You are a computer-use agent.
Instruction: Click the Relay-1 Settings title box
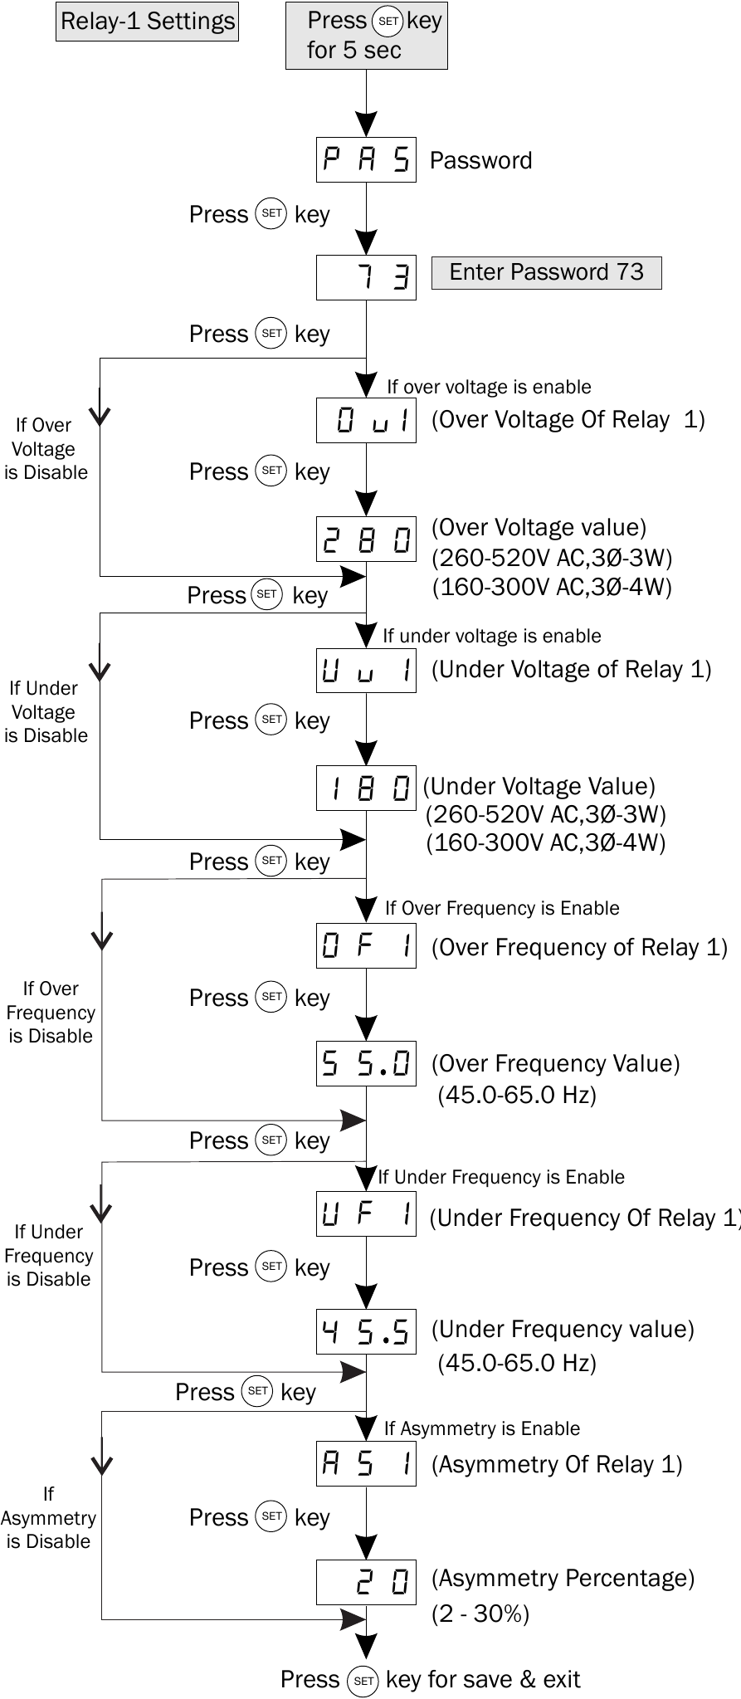click(x=148, y=22)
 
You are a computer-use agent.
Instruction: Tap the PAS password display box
click(x=366, y=159)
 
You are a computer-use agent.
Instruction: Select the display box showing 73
click(x=366, y=277)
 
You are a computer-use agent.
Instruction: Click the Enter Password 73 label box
click(x=546, y=272)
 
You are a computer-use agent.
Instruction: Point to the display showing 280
click(x=366, y=539)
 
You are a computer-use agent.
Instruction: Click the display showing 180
click(x=366, y=788)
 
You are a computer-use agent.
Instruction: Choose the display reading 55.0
click(x=366, y=1063)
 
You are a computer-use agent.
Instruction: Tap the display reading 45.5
click(x=366, y=1331)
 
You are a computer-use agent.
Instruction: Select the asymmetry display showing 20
click(x=366, y=1582)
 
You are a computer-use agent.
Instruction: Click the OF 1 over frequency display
click(x=366, y=945)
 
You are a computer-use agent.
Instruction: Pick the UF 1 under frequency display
click(x=366, y=1214)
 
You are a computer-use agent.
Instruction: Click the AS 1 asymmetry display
click(x=366, y=1464)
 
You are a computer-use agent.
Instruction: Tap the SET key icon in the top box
click(x=388, y=21)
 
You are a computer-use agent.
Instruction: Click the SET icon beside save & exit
click(x=363, y=1681)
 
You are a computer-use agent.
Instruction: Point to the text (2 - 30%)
click(x=480, y=1614)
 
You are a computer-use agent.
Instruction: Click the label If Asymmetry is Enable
click(x=481, y=1428)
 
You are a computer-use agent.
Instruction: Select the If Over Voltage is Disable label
click(x=46, y=449)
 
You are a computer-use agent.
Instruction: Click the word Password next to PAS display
click(x=480, y=160)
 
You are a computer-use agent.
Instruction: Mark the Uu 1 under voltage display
click(x=366, y=670)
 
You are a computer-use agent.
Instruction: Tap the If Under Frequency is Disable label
click(x=48, y=1255)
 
